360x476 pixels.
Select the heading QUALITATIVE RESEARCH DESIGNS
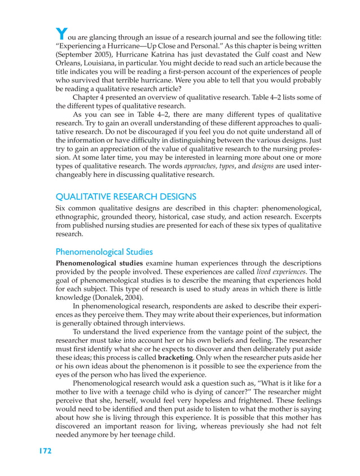(x=125, y=196)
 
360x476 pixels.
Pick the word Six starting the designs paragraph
(x=62, y=208)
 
